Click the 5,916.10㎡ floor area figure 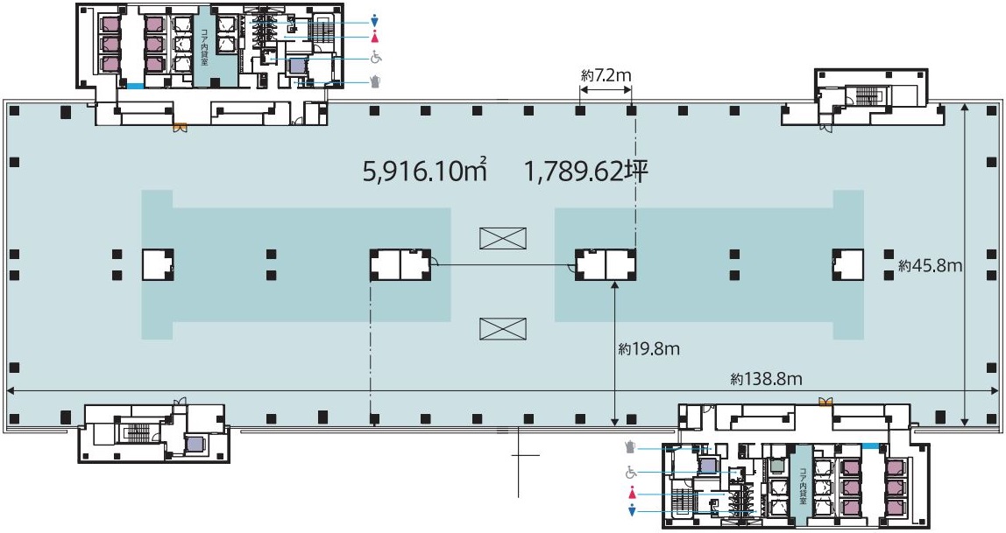tap(425, 171)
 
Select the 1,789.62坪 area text tap(586, 171)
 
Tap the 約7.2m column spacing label tap(606, 75)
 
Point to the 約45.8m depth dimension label tap(930, 265)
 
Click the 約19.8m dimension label tap(648, 348)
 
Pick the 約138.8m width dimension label tap(766, 379)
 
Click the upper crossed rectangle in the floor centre tap(503, 238)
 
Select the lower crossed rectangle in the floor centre tap(503, 329)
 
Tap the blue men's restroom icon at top tap(375, 21)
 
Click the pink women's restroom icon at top tap(375, 37)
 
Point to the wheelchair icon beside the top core tap(376, 58)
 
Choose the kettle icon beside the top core tap(376, 81)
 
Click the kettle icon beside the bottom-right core tap(631, 447)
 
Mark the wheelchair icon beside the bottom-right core tap(631, 473)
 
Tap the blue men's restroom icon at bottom tap(633, 510)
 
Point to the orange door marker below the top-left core tap(179, 128)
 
